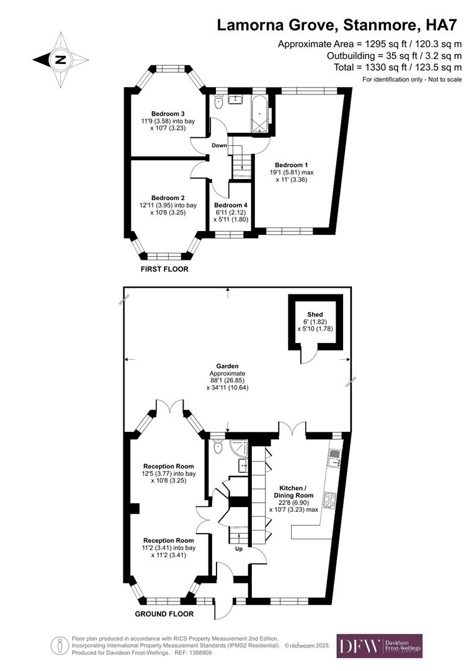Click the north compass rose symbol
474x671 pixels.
pos(61,60)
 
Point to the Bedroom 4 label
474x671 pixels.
pos(231,205)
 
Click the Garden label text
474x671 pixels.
pos(228,367)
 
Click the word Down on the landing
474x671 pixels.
pos(219,145)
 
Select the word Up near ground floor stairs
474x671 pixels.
pos(238,549)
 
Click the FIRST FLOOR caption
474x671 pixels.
pos(164,269)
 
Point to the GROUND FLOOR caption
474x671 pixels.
pos(164,614)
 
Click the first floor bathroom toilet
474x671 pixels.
pos(218,103)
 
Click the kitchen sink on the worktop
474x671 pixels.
pos(334,459)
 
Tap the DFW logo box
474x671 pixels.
pos(379,646)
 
